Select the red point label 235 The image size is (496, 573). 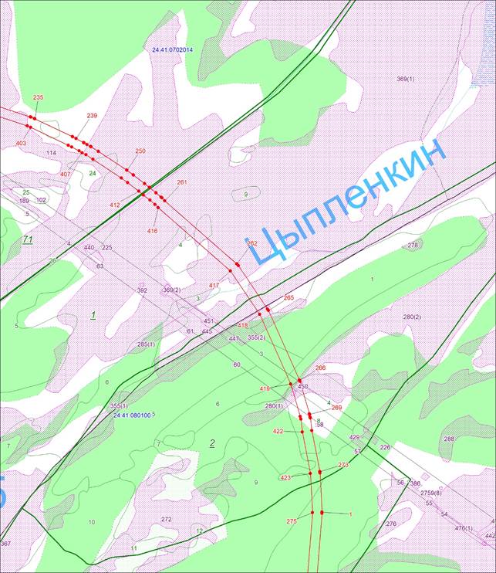pyautogui.click(x=39, y=97)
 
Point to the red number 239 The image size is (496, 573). pyautogui.click(x=92, y=116)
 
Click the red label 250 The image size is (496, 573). pyautogui.click(x=140, y=151)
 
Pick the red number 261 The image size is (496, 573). pyautogui.click(x=182, y=182)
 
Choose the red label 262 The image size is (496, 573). pyautogui.click(x=252, y=243)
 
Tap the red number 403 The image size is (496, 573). pyautogui.click(x=21, y=144)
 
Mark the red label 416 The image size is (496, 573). pyautogui.click(x=152, y=231)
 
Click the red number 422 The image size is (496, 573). pyautogui.click(x=278, y=432)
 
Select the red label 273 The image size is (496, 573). pyautogui.click(x=343, y=465)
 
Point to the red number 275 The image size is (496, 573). pyautogui.click(x=292, y=522)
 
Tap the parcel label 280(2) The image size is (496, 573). pyautogui.click(x=412, y=317)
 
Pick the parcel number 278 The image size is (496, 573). pyautogui.click(x=412, y=246)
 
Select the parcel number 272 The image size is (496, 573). pyautogui.click(x=166, y=519)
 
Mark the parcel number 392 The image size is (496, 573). pyautogui.click(x=142, y=290)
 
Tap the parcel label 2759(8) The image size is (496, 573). pyautogui.click(x=431, y=493)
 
